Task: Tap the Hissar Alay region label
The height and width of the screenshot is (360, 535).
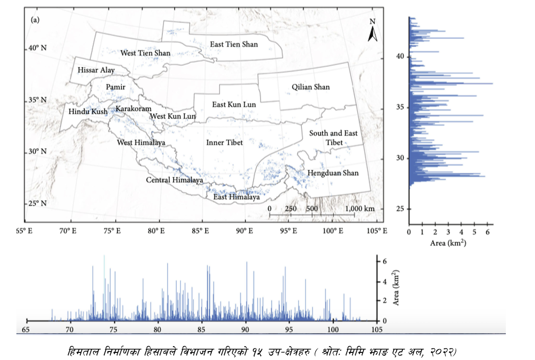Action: (96, 70)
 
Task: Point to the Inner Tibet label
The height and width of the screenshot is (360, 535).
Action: (225, 143)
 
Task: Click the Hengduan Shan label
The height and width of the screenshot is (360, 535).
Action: (333, 173)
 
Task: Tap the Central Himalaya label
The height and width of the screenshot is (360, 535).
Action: (175, 180)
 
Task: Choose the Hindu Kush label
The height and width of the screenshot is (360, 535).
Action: (87, 112)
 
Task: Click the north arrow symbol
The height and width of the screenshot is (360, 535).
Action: (373, 31)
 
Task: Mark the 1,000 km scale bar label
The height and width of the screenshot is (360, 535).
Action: (360, 209)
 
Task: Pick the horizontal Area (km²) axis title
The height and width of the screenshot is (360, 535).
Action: (448, 244)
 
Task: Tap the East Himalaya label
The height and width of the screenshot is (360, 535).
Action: (236, 197)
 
